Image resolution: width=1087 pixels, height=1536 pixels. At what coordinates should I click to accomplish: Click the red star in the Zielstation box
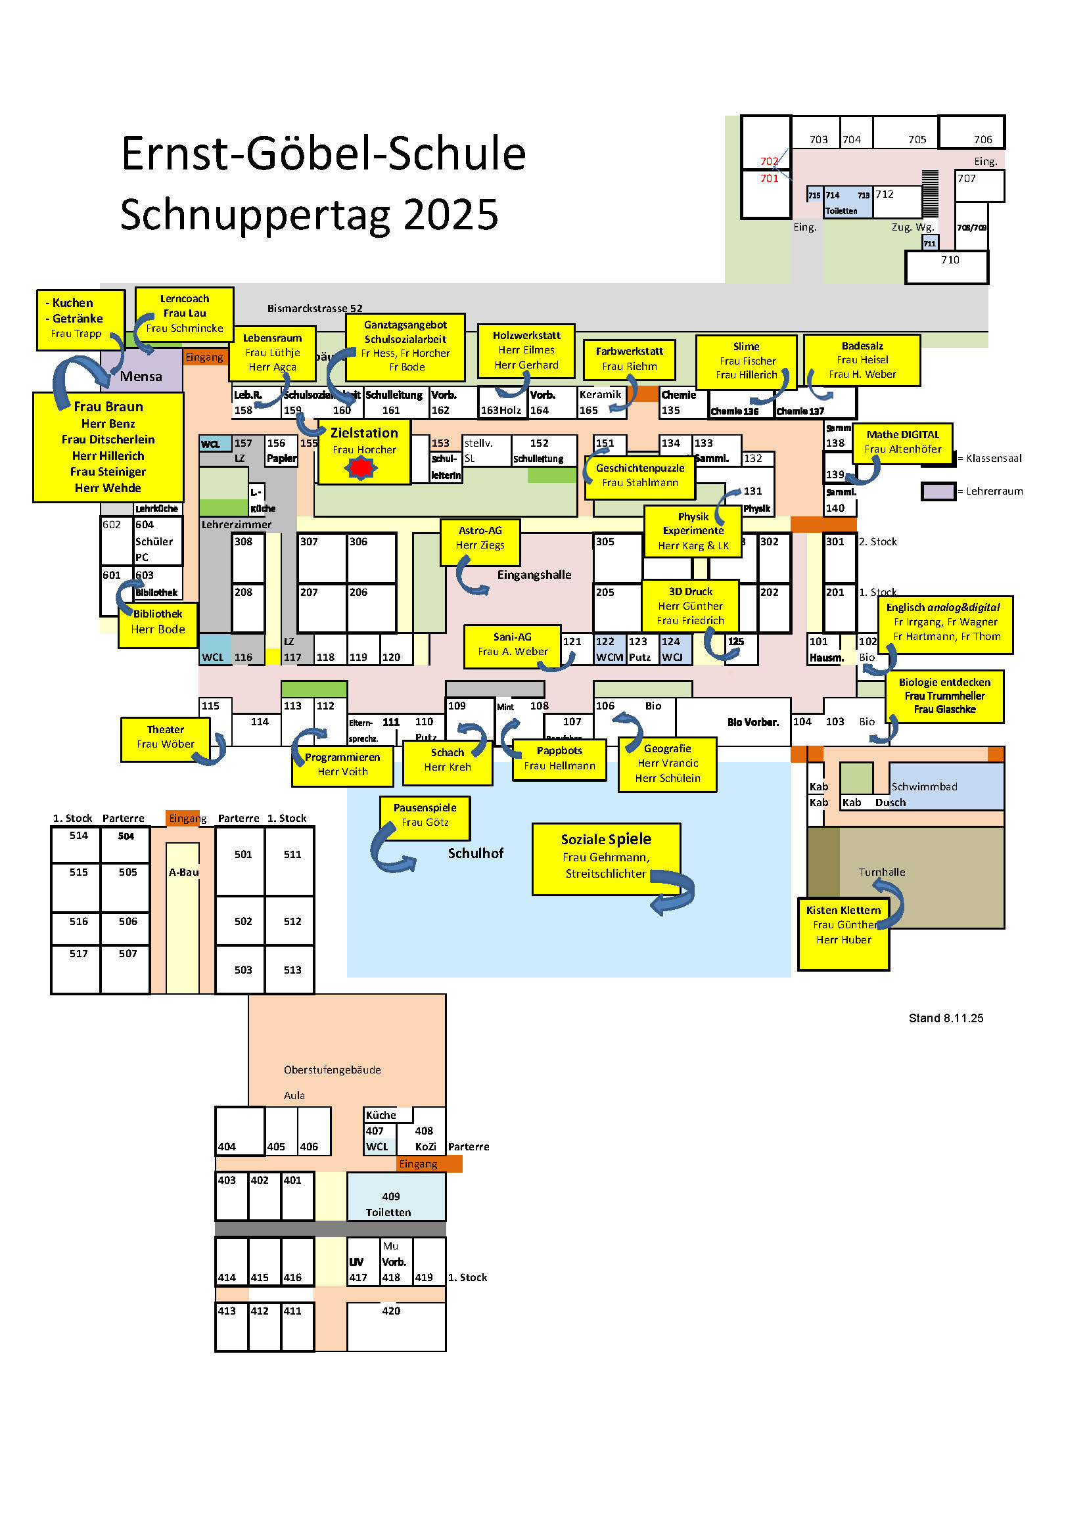pos(361,468)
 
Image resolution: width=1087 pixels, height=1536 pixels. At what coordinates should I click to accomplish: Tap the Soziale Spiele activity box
pos(605,857)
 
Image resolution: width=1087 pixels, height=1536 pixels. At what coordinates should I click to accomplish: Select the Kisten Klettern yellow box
pos(843,934)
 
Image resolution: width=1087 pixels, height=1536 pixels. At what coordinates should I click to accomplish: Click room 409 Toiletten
pos(390,1204)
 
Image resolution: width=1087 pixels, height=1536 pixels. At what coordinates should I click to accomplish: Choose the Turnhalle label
pos(881,872)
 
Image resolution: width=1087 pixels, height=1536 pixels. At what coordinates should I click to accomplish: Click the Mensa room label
pos(141,376)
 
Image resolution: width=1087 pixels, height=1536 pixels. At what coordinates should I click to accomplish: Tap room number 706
pos(983,140)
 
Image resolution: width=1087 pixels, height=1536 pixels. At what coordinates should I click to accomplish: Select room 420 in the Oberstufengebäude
pos(391,1311)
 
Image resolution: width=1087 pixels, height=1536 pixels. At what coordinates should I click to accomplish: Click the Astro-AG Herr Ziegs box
pos(480,538)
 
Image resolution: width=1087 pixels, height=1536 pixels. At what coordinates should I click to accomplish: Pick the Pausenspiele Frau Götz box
pos(425,815)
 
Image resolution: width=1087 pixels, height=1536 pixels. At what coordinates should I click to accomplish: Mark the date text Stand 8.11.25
pos(946,1018)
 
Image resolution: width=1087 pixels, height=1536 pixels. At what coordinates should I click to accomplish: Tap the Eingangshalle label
pos(534,576)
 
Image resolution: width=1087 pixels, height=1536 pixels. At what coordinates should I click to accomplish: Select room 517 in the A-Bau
pos(79,954)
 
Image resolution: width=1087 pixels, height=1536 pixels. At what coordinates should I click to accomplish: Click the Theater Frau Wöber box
pos(166,737)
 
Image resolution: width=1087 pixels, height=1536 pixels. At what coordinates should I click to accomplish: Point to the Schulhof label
pos(475,853)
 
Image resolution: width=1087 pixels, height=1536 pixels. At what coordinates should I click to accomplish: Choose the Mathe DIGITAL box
pos(902,442)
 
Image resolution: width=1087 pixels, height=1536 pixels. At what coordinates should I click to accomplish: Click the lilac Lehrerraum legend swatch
pos(938,491)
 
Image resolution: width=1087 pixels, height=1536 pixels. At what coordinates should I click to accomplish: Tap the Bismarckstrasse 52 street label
pos(315,309)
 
